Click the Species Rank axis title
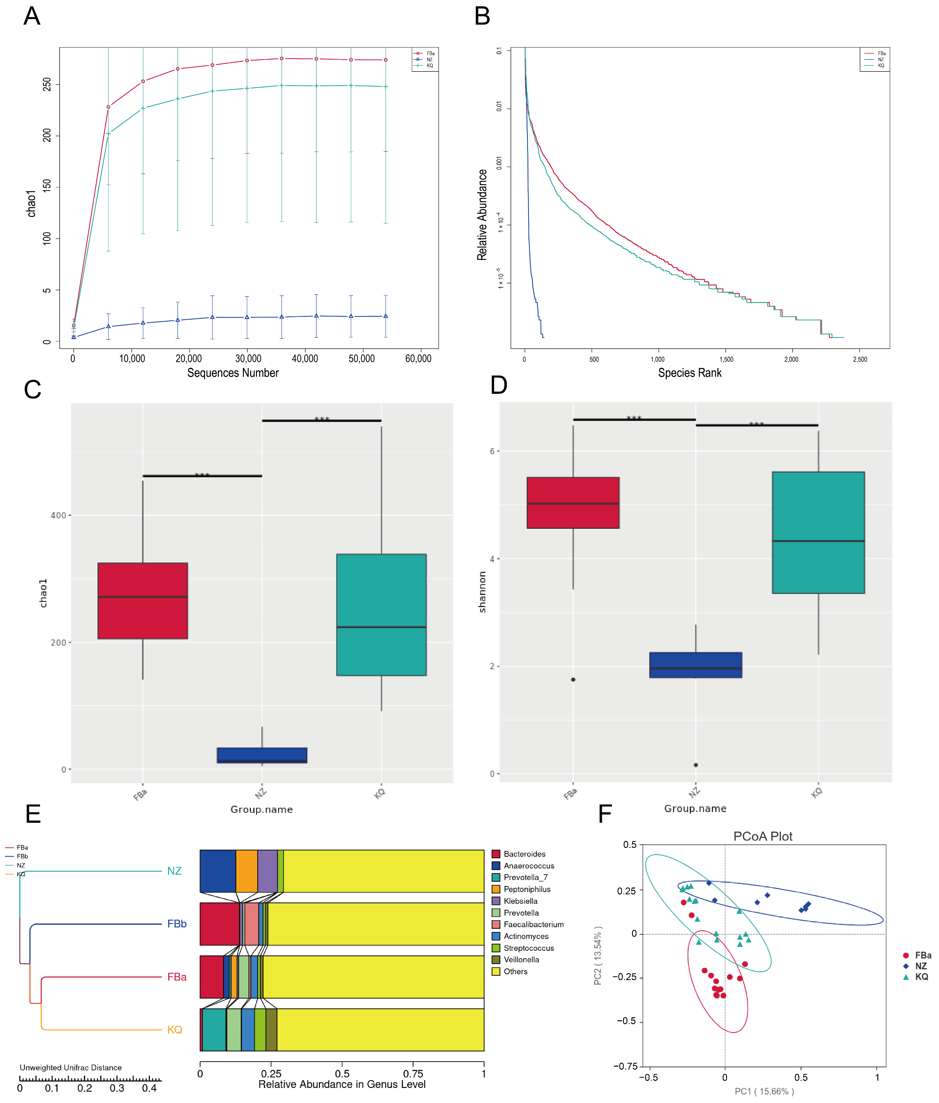pyautogui.click(x=690, y=373)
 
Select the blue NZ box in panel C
pyautogui.click(x=262, y=755)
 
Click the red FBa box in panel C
pyautogui.click(x=143, y=601)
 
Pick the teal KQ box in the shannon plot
pyautogui.click(x=818, y=532)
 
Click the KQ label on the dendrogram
pyautogui.click(x=174, y=1030)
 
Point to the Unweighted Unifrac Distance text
pyautogui.click(x=71, y=1067)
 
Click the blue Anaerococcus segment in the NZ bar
pyautogui.click(x=218, y=871)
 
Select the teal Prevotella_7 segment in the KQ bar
pyautogui.click(x=214, y=1030)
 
